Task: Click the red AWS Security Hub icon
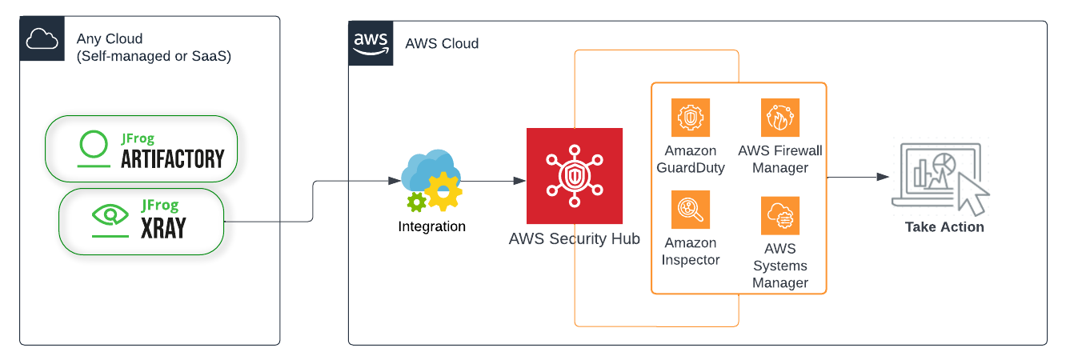coord(574,175)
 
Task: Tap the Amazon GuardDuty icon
coord(690,118)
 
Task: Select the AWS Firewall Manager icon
coord(779,118)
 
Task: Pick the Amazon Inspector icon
coord(690,210)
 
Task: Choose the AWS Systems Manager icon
coord(779,215)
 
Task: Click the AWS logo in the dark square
coord(371,43)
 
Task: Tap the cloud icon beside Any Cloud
coord(42,38)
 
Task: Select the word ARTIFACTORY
coord(172,159)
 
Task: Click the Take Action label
coord(944,227)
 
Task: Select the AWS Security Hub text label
coord(574,239)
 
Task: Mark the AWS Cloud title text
coord(442,43)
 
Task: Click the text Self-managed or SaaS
coord(154,57)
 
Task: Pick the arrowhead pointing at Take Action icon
coord(882,177)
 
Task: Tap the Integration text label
coord(431,226)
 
